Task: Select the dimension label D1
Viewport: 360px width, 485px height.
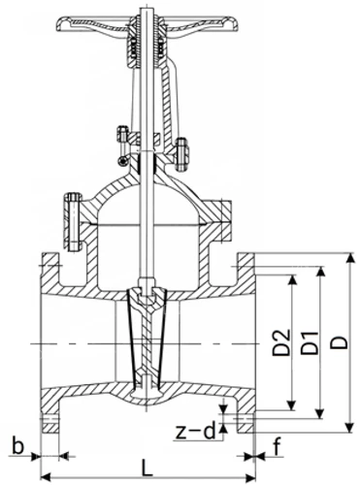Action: click(x=310, y=342)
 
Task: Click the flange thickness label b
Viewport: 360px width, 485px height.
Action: click(x=18, y=446)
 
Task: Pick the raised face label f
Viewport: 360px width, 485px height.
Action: click(x=277, y=446)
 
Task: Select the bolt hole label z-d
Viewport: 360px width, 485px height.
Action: click(x=195, y=432)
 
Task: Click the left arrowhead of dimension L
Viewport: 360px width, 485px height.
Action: click(x=46, y=477)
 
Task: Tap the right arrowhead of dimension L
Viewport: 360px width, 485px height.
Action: click(x=250, y=477)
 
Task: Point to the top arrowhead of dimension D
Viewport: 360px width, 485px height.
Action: click(x=349, y=259)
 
